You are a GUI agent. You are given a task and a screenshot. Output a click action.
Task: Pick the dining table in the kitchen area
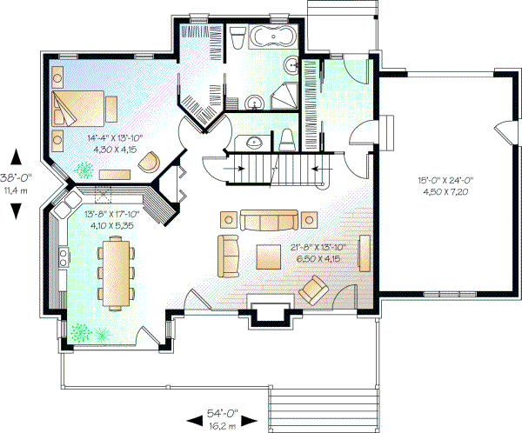pos(116,273)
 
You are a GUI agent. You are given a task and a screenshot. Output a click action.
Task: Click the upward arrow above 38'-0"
pos(15,157)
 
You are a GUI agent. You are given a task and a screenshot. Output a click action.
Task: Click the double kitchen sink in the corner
pos(64,209)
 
